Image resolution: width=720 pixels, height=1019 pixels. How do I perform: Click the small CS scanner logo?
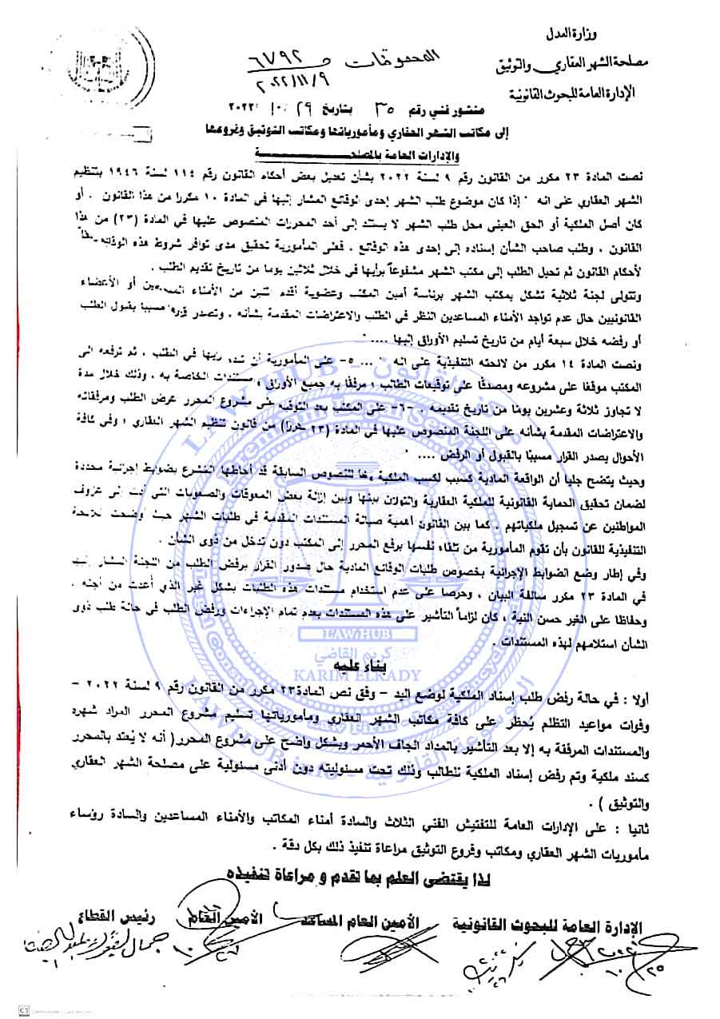click(x=9, y=1010)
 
